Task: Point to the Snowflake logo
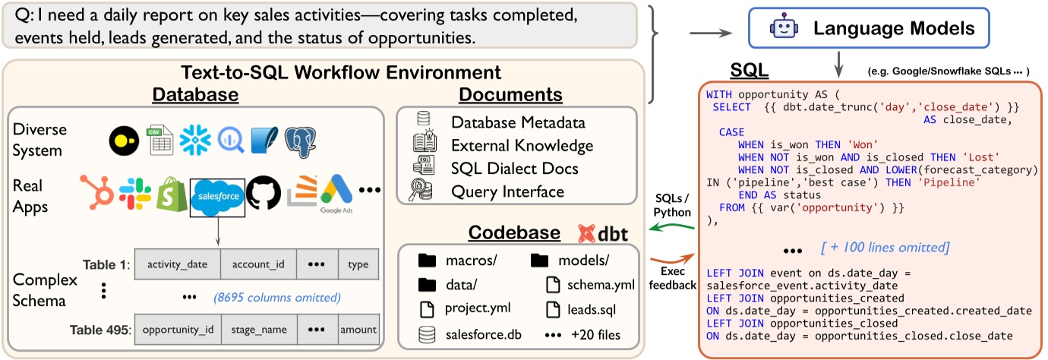[195, 141]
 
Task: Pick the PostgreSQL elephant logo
[300, 142]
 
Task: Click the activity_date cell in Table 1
[177, 265]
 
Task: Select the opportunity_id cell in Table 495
[177, 330]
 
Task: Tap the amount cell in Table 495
[358, 330]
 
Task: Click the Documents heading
[510, 94]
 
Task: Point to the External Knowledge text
[522, 145]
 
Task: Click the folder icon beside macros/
[428, 261]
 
